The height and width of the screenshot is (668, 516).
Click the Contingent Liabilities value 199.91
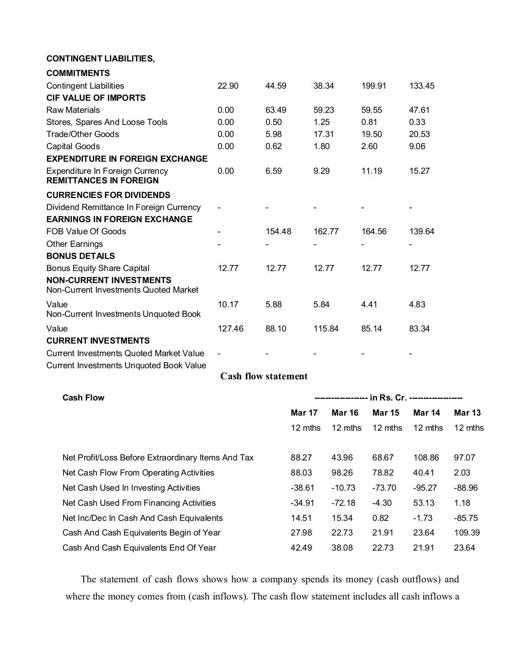tap(373, 86)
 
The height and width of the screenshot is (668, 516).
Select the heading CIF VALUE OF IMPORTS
tap(96, 98)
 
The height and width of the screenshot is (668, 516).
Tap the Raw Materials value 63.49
tap(276, 110)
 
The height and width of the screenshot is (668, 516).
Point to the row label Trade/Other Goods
tap(83, 134)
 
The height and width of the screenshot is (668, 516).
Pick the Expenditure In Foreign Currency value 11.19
tap(371, 171)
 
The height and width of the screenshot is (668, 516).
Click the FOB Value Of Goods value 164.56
tap(373, 231)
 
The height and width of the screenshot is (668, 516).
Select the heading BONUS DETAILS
tap(81, 256)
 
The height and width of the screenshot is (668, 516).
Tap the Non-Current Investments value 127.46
tap(230, 328)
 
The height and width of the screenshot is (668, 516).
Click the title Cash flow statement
tap(264, 376)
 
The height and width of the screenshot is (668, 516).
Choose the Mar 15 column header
tap(385, 413)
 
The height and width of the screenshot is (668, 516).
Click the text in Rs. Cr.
tap(388, 397)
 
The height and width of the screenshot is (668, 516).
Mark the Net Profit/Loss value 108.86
tap(426, 457)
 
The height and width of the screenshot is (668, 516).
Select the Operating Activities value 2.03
tap(462, 473)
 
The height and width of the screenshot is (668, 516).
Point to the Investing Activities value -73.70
tap(384, 488)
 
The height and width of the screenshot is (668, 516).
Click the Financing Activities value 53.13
tap(423, 503)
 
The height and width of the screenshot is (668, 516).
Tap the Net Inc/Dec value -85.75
tap(466, 518)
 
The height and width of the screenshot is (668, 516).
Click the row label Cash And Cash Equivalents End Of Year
tap(139, 548)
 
